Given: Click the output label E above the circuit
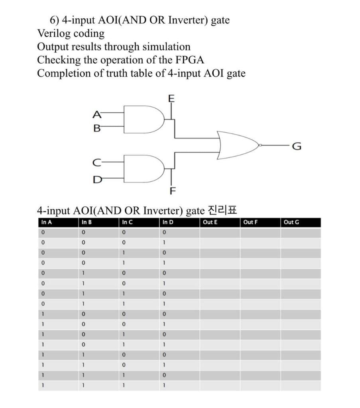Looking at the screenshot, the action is (x=171, y=98).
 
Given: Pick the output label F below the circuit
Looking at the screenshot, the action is (x=172, y=191).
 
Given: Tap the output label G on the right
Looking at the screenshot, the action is (x=297, y=147).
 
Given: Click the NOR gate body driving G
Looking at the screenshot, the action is (x=238, y=145).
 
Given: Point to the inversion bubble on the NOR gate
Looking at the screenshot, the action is (x=260, y=145).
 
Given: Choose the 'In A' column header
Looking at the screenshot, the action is (x=47, y=222).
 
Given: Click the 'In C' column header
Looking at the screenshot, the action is (x=128, y=222).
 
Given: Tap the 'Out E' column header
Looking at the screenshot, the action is (x=210, y=222).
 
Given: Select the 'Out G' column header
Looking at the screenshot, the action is (x=291, y=222).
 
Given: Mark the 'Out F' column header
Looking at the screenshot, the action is (x=250, y=222).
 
